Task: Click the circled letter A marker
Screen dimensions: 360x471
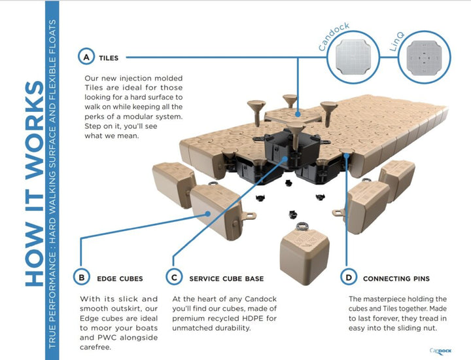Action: pyautogui.click(x=86, y=58)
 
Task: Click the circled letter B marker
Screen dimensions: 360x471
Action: pyautogui.click(x=81, y=278)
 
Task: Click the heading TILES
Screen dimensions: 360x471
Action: pyautogui.click(x=109, y=58)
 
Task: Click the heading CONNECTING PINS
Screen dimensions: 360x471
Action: pyautogui.click(x=395, y=278)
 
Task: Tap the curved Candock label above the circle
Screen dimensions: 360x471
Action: pyautogui.click(x=333, y=35)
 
